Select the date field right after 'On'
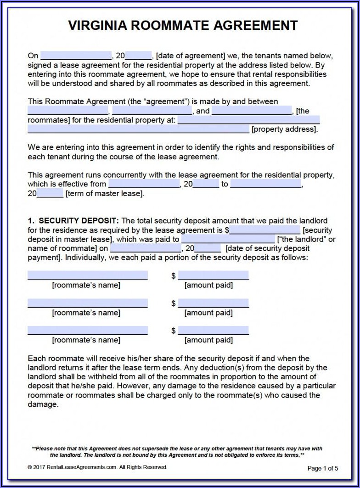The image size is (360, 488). click(x=76, y=56)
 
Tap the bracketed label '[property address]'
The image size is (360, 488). click(x=284, y=129)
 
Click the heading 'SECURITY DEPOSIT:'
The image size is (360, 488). click(x=79, y=221)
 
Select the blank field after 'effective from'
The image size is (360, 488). click(x=144, y=185)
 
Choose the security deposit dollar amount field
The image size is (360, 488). click(x=265, y=230)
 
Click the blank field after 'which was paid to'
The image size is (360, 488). click(x=228, y=239)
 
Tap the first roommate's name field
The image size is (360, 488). click(x=87, y=275)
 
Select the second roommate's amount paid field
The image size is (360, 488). click(x=213, y=303)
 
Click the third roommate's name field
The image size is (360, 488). click(x=87, y=331)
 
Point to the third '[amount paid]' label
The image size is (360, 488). click(x=208, y=340)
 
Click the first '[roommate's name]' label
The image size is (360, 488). click(x=86, y=285)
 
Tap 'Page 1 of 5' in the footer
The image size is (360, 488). click(x=322, y=468)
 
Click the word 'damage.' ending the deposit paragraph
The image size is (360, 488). click(x=43, y=404)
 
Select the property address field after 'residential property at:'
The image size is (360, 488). click(x=248, y=120)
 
